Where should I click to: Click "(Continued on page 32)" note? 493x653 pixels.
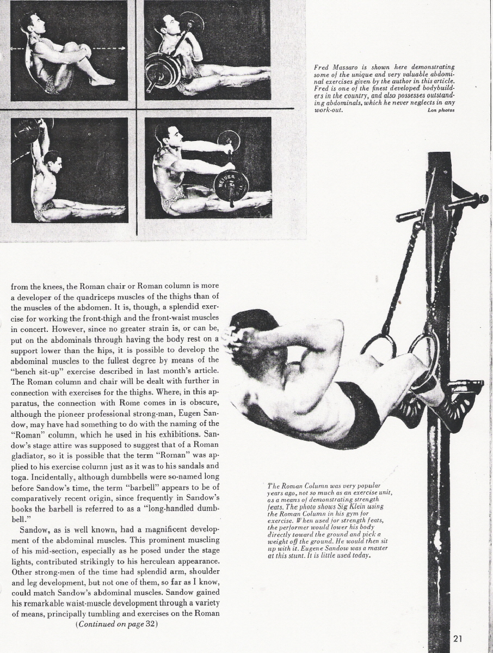pos(117,624)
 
